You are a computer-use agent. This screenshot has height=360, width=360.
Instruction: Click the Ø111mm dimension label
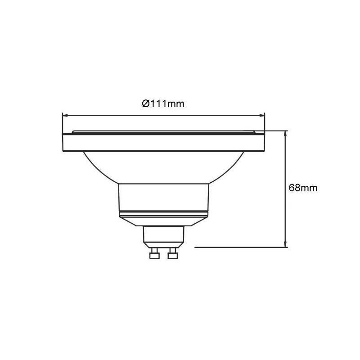(x=163, y=104)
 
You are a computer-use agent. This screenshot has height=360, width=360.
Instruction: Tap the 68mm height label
(x=303, y=188)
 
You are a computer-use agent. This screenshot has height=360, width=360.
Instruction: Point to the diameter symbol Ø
(x=145, y=104)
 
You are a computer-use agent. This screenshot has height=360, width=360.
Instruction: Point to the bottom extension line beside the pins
(x=238, y=247)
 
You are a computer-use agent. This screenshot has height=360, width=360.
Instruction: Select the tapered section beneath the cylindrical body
(x=163, y=221)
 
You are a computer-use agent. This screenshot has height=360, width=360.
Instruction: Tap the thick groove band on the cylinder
(x=163, y=211)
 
